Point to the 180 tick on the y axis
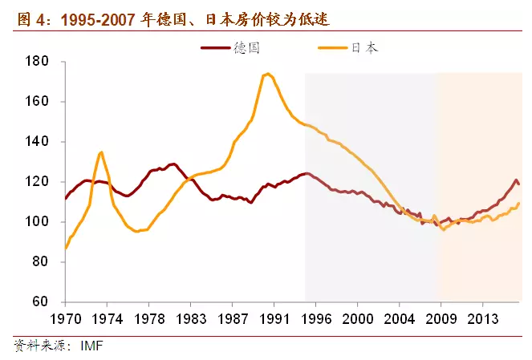[38, 62]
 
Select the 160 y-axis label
[38, 102]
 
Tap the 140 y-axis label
[38, 142]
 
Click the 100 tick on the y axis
[38, 222]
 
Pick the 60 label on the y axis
[41, 302]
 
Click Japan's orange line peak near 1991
[267, 74]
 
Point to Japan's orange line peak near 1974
[101, 152]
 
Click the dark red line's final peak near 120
[516, 180]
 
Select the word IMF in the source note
[91, 346]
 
